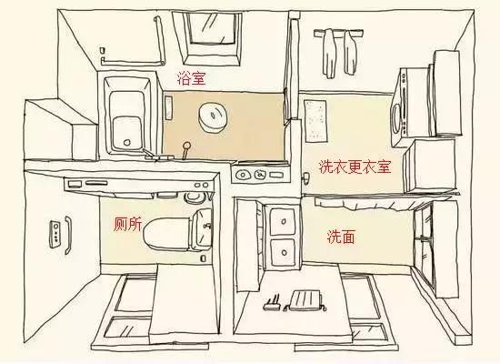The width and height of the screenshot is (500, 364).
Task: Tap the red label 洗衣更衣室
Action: [x=354, y=167]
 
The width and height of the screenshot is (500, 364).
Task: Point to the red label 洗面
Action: [x=341, y=237]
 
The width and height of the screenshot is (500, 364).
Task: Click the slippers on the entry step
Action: [x=272, y=302]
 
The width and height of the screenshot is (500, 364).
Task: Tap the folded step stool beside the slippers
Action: [x=307, y=298]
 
